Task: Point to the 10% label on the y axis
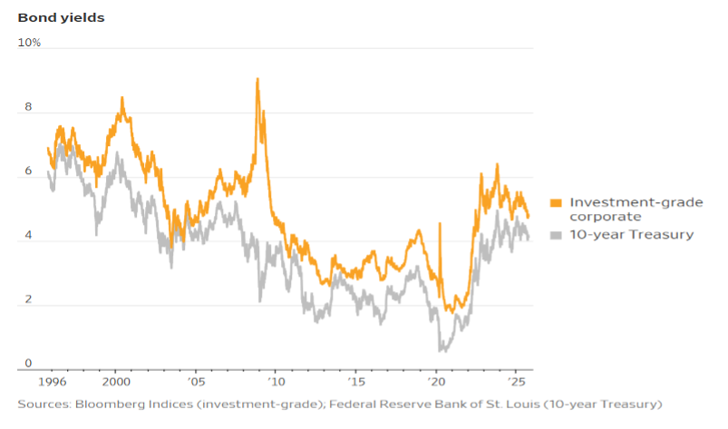click(x=30, y=43)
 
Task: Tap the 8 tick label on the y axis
click(x=28, y=107)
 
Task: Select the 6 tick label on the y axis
click(x=28, y=171)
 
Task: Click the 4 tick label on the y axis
click(x=28, y=236)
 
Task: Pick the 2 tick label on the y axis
click(x=28, y=300)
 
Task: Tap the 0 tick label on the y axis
click(x=28, y=364)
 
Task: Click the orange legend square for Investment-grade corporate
click(x=557, y=202)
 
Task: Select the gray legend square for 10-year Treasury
click(x=557, y=235)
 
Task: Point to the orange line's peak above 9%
click(x=257, y=79)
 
